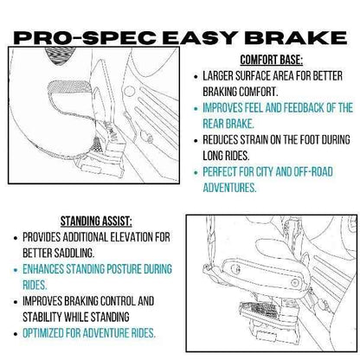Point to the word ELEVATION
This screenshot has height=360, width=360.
coord(145,236)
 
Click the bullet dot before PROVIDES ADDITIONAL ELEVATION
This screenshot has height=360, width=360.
coord(14,236)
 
